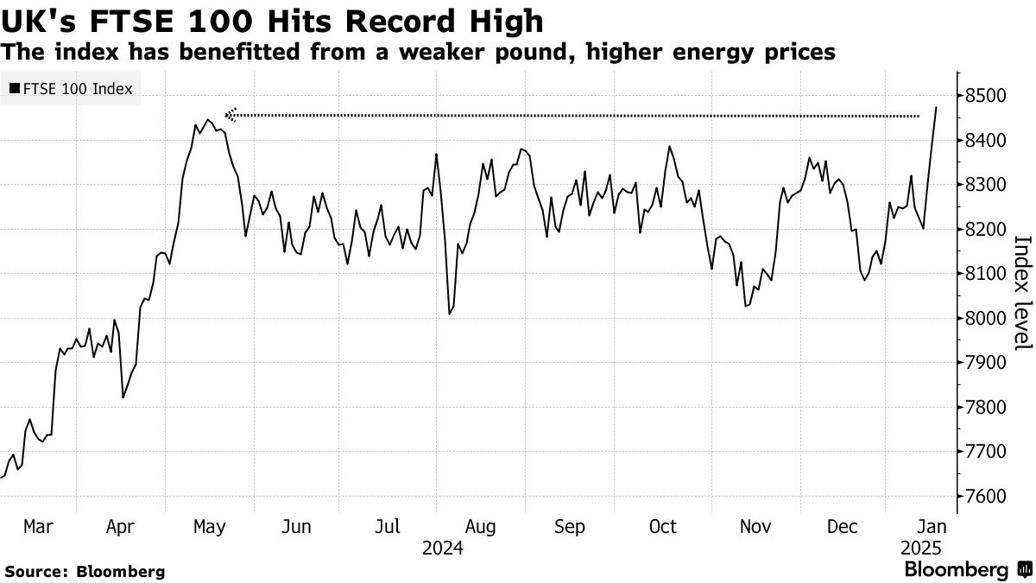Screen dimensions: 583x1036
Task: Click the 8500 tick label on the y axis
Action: pyautogui.click(x=986, y=95)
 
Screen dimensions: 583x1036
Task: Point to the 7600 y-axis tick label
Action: pyautogui.click(x=986, y=497)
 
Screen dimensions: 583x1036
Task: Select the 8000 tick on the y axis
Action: pyautogui.click(x=986, y=319)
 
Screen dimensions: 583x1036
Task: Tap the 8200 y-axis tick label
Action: pyautogui.click(x=986, y=229)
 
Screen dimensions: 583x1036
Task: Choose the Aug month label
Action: pyautogui.click(x=479, y=526)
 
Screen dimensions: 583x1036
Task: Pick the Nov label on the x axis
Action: pyautogui.click(x=755, y=526)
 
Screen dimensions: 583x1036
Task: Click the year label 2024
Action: pyautogui.click(x=443, y=548)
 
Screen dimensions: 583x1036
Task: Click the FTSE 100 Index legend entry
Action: pyautogui.click(x=77, y=89)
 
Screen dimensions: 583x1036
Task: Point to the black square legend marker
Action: pyautogui.click(x=14, y=89)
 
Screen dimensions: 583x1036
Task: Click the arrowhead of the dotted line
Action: pyautogui.click(x=230, y=114)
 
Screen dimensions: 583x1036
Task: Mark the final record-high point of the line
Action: pyautogui.click(x=936, y=107)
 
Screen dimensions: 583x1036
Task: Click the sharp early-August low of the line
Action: pyautogui.click(x=450, y=314)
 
